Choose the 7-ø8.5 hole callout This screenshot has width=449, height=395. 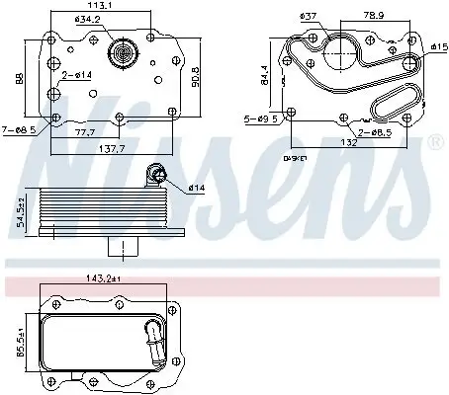(21, 128)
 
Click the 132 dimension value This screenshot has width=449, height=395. (348, 143)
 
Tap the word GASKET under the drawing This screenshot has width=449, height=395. (296, 158)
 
